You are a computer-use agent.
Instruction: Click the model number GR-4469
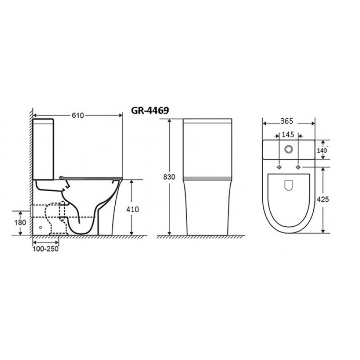point(150,110)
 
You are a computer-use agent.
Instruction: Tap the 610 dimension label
point(78,116)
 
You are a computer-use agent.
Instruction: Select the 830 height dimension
point(169,177)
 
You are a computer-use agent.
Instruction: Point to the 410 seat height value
point(133,209)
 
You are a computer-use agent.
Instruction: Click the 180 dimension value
point(20,222)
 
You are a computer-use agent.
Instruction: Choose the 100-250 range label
point(46,249)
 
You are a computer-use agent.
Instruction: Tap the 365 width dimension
point(287,121)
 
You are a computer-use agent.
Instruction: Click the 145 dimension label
point(288,134)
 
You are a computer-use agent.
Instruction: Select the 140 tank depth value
point(322,151)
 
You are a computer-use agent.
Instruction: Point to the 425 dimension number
point(323,199)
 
